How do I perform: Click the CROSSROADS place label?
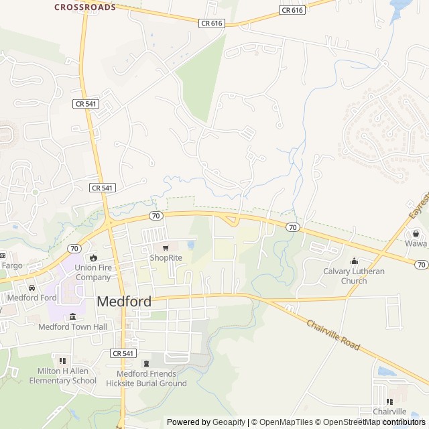point(84,7)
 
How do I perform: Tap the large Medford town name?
point(124,301)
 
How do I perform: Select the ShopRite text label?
point(166,257)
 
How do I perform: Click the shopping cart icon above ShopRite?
point(166,247)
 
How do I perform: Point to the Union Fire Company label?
point(93,272)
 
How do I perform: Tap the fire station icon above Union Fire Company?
point(93,258)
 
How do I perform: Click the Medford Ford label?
point(32,298)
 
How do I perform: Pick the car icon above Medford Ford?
point(32,288)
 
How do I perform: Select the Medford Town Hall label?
point(72,327)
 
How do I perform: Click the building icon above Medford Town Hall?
point(72,316)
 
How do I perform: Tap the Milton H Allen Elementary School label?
point(62,376)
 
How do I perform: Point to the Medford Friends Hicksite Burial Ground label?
point(146,379)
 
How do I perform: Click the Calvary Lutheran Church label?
point(354,275)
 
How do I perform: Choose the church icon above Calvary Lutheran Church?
point(354,261)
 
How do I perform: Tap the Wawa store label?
point(416,244)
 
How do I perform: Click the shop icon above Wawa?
point(416,233)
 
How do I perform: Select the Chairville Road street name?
point(333,336)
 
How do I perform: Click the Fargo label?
point(11,265)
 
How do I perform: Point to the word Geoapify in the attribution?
point(229,422)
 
